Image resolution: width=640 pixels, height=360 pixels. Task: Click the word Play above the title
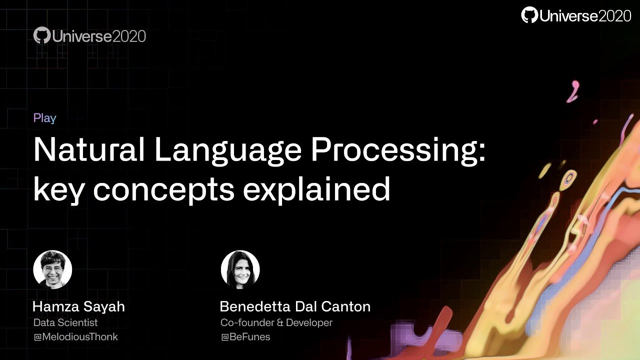click(x=44, y=118)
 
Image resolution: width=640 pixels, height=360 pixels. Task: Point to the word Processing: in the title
click(x=398, y=150)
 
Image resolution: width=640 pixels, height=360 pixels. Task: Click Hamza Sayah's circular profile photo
click(x=52, y=269)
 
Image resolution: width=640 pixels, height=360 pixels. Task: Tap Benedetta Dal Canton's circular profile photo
click(x=240, y=269)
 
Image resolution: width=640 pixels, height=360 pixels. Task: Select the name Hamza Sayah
click(x=78, y=306)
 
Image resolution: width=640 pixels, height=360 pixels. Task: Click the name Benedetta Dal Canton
click(x=295, y=306)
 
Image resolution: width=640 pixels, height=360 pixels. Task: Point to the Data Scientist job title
click(x=65, y=322)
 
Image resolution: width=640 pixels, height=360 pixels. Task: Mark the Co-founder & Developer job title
click(x=276, y=322)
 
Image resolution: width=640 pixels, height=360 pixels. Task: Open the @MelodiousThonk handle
click(x=75, y=337)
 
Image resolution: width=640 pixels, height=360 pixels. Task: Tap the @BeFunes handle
click(x=245, y=337)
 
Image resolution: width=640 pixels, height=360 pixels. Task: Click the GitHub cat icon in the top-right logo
click(x=529, y=15)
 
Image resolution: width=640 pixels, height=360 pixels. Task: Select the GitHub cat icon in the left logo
click(x=42, y=35)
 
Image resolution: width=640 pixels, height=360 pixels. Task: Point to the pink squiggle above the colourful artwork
click(x=573, y=91)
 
